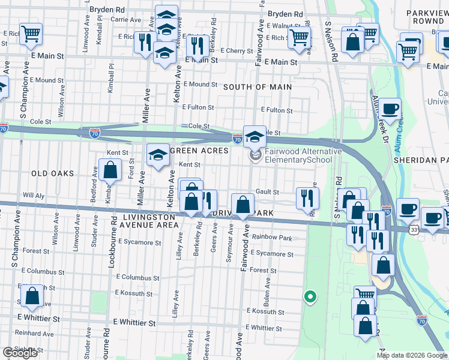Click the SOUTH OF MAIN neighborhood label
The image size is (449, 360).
(258, 87)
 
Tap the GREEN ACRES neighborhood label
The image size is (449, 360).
(199, 151)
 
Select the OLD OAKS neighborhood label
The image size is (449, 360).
(53, 173)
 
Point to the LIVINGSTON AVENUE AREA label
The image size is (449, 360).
(151, 221)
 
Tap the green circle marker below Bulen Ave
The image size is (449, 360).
(310, 296)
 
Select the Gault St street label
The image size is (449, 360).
(267, 192)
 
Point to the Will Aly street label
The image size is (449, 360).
(34, 196)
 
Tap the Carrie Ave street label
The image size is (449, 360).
(126, 20)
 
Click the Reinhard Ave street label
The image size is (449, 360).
(35, 332)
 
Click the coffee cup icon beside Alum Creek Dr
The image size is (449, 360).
(390, 110)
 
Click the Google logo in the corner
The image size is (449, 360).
(20, 353)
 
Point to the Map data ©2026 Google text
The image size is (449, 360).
(412, 355)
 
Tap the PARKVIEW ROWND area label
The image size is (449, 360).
(424, 16)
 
